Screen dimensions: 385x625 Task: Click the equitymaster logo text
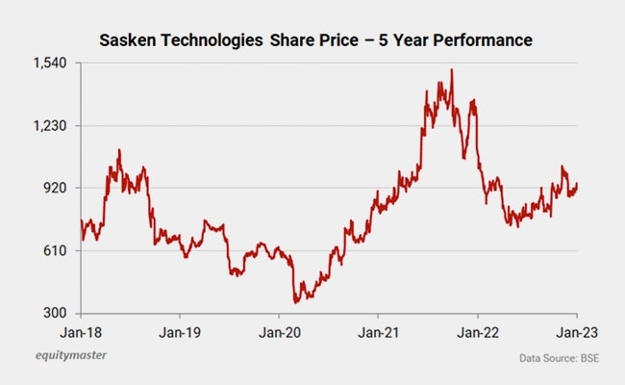(65, 355)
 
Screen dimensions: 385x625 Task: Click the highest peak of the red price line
(452, 69)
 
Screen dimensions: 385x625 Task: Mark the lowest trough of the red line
(296, 302)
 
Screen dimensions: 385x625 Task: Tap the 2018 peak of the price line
(119, 150)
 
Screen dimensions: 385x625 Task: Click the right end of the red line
(577, 183)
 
